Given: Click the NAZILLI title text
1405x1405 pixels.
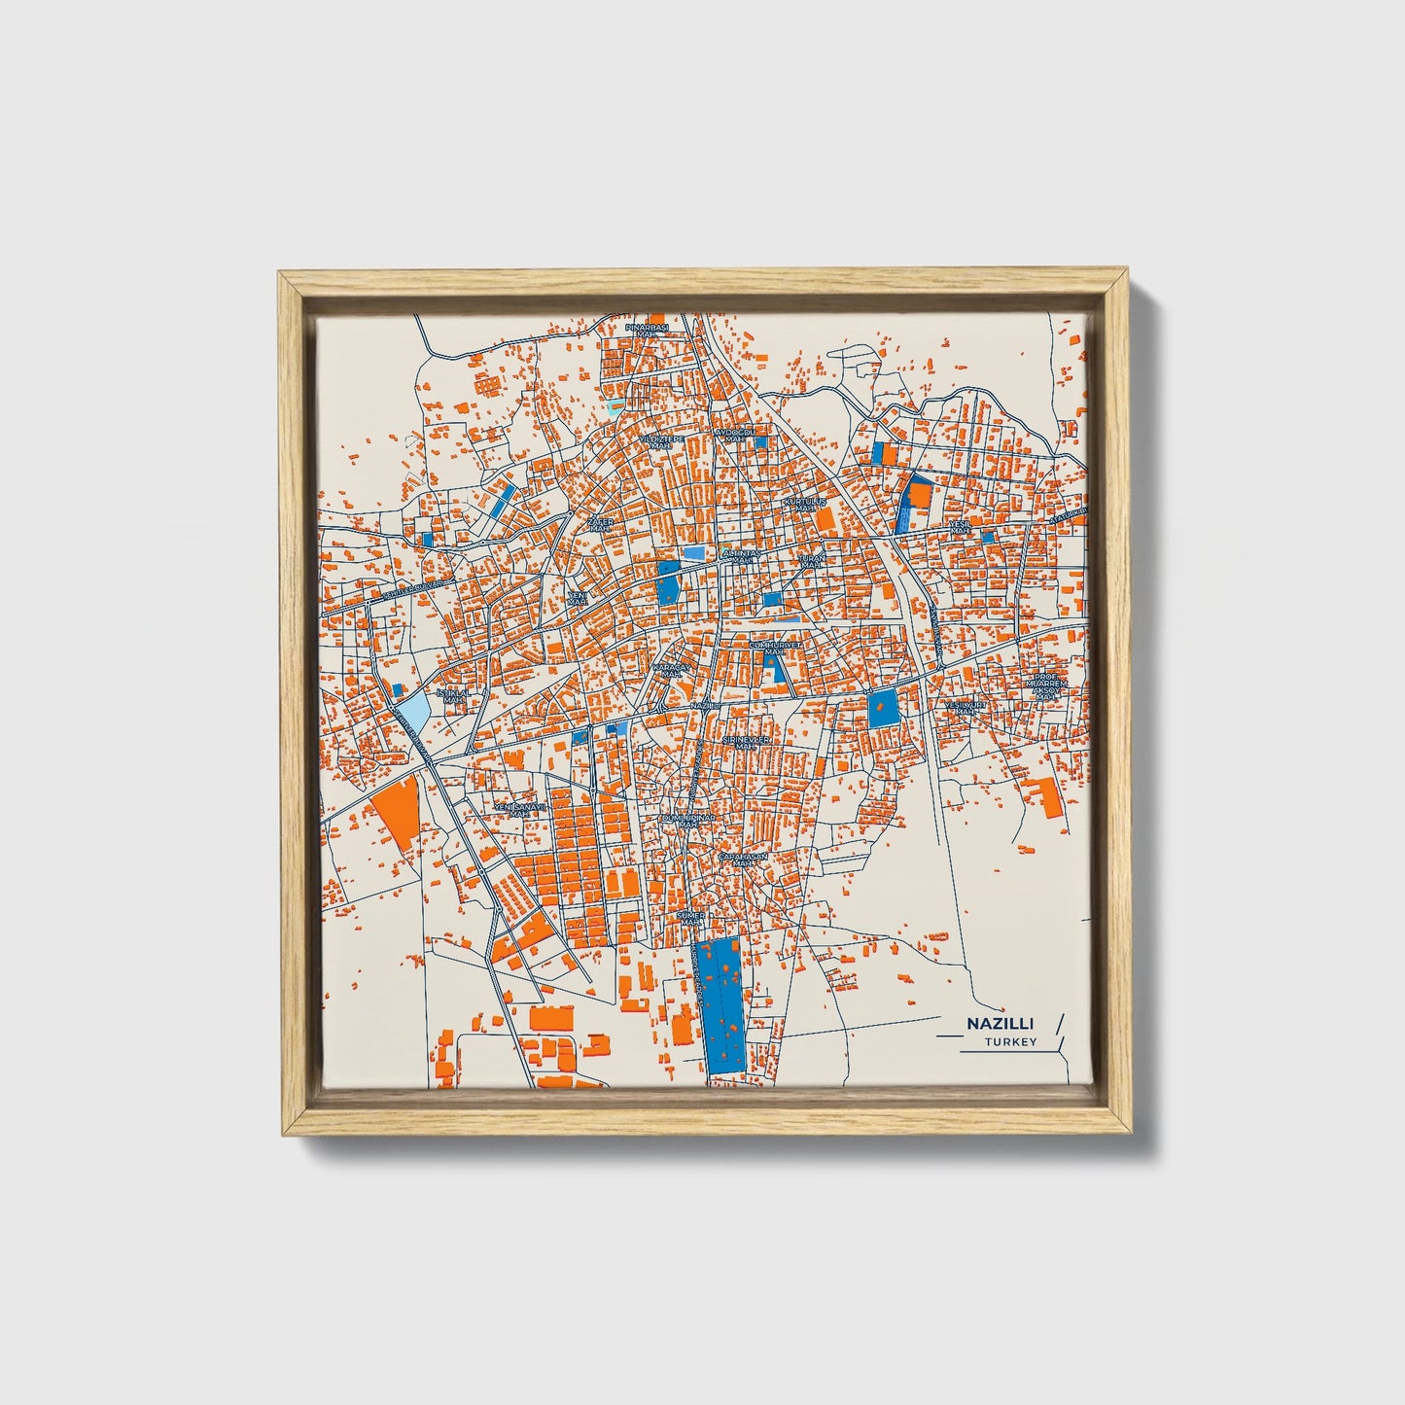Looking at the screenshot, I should pos(1000,1024).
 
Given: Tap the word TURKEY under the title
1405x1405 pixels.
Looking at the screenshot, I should pos(1009,1042).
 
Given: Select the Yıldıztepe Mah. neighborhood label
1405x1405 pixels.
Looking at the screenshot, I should pos(661,442).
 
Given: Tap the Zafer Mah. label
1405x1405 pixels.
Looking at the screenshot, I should pos(601,525).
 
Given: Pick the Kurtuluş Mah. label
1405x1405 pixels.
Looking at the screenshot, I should pos(804,505).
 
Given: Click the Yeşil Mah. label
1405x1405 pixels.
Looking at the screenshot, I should pos(961,527).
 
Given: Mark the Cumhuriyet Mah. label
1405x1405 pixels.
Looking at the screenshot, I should pos(775,648).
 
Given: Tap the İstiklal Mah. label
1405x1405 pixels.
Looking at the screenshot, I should pos(453,695).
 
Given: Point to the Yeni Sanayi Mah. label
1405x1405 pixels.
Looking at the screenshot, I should pos(520,809).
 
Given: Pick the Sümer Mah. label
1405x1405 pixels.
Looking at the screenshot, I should pos(690,918).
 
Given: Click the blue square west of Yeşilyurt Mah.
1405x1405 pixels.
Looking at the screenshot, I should pos(883,709).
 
